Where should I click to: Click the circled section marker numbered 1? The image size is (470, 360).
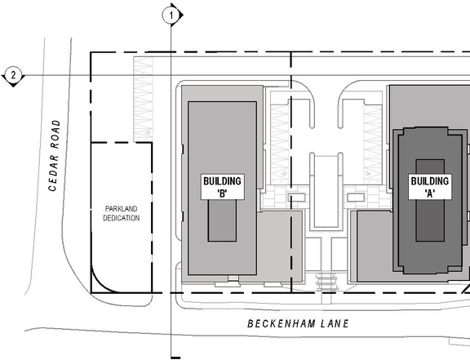tap(171, 14)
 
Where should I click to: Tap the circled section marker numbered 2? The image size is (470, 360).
tap(13, 76)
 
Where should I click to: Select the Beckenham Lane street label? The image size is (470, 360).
tap(298, 324)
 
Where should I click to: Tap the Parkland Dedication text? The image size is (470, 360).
tap(122, 213)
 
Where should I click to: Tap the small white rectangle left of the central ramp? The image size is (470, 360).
tap(296, 197)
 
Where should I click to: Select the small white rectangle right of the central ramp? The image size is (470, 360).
tap(355, 197)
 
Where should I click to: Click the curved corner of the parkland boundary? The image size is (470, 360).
tap(102, 278)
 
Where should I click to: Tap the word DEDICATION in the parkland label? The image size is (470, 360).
tap(122, 218)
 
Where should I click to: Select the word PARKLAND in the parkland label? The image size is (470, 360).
tap(122, 208)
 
